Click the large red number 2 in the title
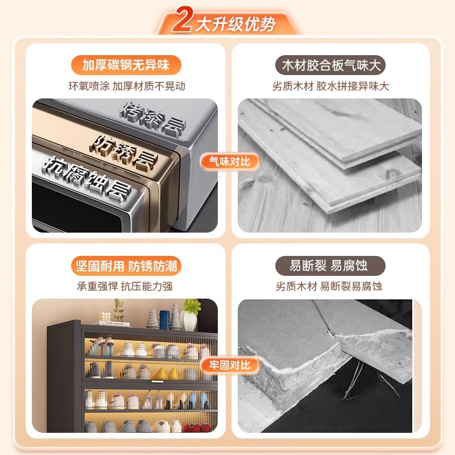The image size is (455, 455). (x=182, y=20)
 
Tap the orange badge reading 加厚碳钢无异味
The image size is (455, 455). (x=126, y=65)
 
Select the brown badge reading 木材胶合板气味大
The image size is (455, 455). (x=330, y=65)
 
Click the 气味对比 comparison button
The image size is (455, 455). (x=229, y=162)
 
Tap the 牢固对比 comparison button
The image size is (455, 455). (x=229, y=365)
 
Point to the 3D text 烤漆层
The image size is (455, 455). (x=153, y=119)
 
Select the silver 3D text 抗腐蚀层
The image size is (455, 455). (x=87, y=179)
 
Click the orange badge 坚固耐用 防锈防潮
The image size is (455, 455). (x=126, y=266)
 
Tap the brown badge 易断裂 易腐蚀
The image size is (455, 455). (x=330, y=266)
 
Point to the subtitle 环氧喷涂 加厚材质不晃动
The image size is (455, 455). (x=127, y=86)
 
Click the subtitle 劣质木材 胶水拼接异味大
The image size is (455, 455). (x=330, y=86)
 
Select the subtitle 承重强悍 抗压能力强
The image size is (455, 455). (x=125, y=287)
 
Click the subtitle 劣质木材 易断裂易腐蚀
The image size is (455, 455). (x=329, y=287)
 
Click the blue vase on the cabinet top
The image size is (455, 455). (x=164, y=320)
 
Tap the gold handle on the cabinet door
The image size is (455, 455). (x=157, y=381)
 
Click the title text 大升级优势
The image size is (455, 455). (x=235, y=24)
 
